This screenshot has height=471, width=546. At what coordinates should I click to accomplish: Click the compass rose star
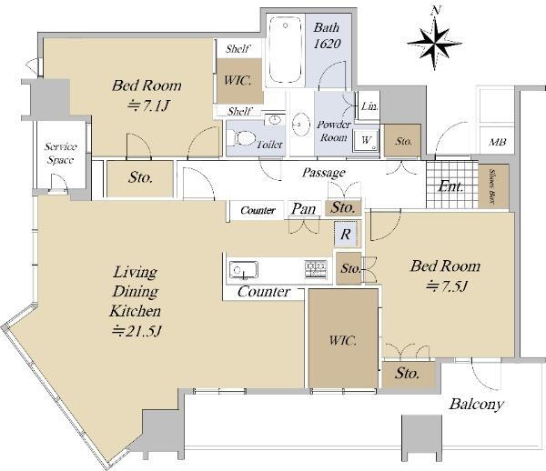(435, 43)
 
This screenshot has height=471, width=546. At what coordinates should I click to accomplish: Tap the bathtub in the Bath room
(286, 50)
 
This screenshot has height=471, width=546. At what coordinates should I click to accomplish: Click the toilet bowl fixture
(245, 138)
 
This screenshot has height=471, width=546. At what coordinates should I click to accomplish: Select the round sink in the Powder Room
(301, 124)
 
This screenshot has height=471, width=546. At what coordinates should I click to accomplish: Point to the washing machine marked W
(366, 141)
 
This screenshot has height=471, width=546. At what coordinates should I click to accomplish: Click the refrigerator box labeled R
(346, 234)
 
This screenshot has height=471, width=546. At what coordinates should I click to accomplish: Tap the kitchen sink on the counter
(244, 270)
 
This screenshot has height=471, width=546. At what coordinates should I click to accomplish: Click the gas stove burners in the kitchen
(316, 269)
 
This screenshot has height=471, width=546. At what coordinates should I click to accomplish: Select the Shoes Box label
(492, 186)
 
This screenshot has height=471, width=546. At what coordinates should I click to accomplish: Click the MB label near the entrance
(497, 142)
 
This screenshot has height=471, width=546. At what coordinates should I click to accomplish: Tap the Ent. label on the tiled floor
(450, 186)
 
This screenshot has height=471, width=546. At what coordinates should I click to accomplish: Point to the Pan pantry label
(304, 209)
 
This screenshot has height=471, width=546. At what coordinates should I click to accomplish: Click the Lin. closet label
(369, 105)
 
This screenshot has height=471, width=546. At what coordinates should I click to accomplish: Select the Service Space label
(61, 153)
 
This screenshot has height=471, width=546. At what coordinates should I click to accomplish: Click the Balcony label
(476, 405)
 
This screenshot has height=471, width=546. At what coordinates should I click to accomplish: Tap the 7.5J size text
(446, 286)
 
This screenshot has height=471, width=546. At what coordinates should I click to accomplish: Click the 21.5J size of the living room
(136, 331)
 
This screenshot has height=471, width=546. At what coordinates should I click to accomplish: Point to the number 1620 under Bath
(327, 44)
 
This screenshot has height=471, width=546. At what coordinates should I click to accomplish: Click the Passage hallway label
(324, 173)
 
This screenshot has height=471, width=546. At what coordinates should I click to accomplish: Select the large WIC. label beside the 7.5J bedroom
(343, 340)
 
